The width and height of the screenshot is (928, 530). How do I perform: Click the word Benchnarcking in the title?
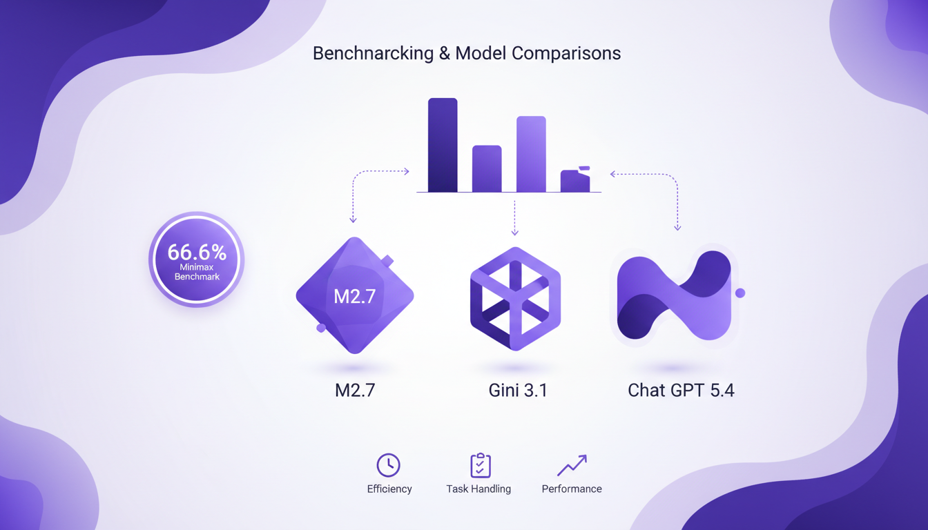click(373, 54)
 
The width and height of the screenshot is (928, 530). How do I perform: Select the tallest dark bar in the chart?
click(443, 145)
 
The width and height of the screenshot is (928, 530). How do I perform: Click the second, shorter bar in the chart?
click(487, 168)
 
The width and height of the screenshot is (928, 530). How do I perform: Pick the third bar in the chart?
click(531, 154)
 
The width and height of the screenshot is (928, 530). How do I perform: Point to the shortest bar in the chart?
click(575, 181)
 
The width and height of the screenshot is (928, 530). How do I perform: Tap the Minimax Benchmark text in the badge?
click(197, 272)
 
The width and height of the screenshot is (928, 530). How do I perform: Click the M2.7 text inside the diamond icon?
click(354, 296)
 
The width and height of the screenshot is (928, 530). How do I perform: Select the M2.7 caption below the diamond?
click(354, 391)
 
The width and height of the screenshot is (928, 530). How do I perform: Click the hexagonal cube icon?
click(515, 298)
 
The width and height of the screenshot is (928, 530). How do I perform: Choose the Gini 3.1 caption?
click(518, 391)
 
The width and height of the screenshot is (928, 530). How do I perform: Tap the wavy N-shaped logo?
click(674, 295)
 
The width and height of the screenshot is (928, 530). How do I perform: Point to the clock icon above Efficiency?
click(389, 465)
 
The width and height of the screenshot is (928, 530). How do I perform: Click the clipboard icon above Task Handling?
click(480, 465)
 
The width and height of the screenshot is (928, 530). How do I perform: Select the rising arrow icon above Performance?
click(572, 465)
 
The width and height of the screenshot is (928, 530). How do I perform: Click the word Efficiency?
click(389, 489)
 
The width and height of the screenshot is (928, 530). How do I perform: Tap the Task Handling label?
click(478, 489)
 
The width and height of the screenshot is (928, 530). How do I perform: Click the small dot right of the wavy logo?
click(740, 293)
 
